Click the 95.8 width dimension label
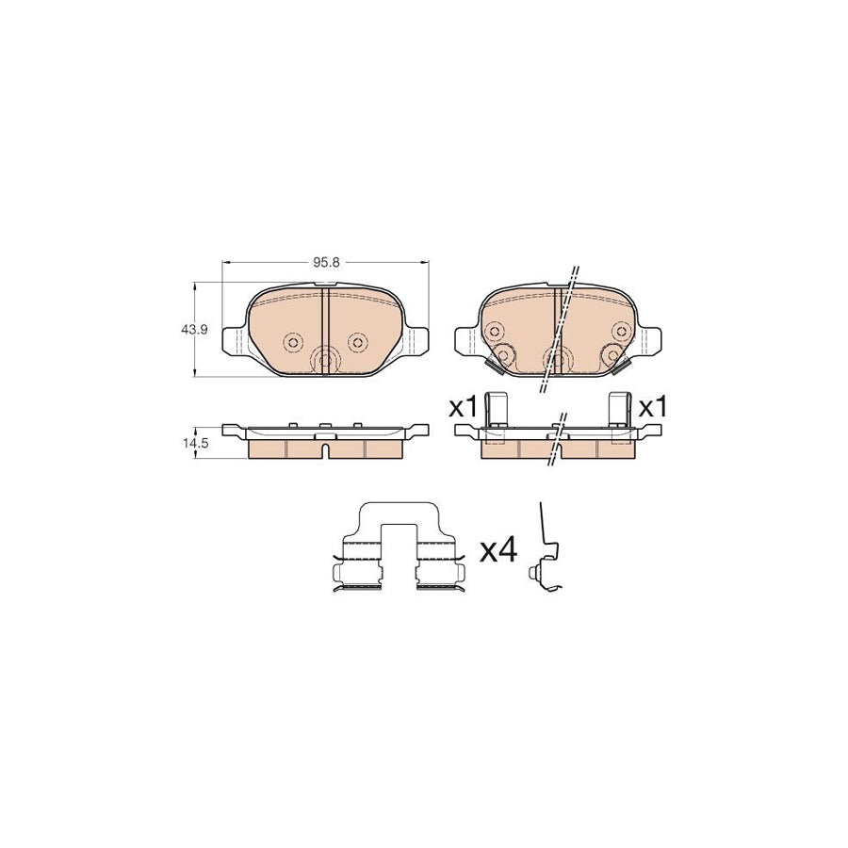[325, 263]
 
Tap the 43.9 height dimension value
[194, 330]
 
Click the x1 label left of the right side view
[463, 408]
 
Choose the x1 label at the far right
[652, 408]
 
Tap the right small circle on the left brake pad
[356, 342]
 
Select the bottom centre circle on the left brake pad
[325, 359]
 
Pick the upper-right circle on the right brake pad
[620, 330]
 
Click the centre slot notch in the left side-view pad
[325, 449]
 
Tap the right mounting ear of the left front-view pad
[418, 340]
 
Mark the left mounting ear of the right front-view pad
[465, 340]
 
